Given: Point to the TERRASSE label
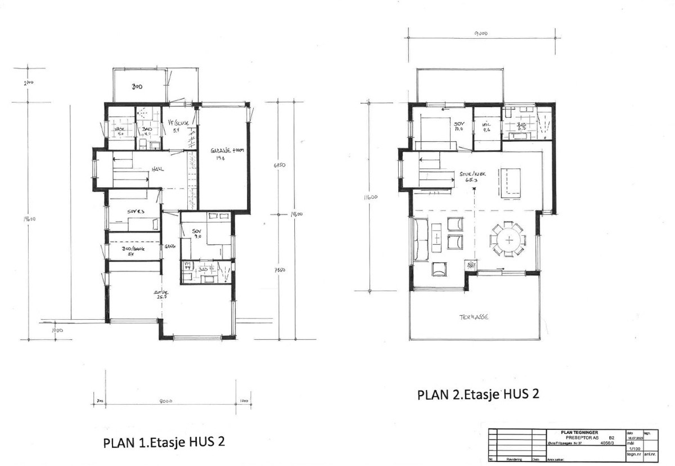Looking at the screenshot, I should [x=472, y=317].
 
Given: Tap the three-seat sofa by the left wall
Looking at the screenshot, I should [x=418, y=240].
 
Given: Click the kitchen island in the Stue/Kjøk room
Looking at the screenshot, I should [x=510, y=182].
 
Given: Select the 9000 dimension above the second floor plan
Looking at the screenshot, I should [x=480, y=34].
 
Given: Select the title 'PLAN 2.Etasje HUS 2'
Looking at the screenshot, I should [x=478, y=394].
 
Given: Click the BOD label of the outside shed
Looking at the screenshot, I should [x=137, y=88].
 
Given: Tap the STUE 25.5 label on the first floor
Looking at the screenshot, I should [x=161, y=295].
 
